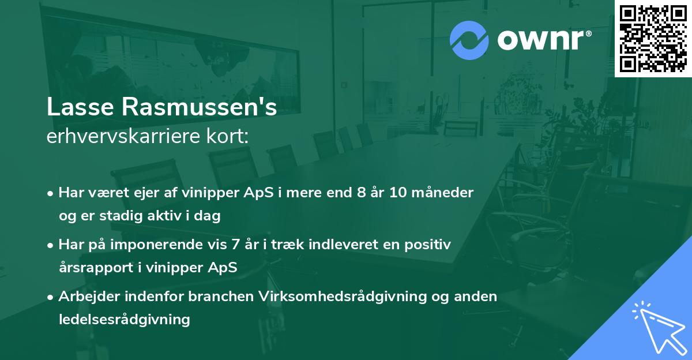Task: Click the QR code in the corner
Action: click(653, 38)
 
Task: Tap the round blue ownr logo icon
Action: click(469, 40)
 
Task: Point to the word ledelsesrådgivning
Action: click(124, 319)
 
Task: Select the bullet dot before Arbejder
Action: click(52, 297)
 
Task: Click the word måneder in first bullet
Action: click(444, 193)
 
